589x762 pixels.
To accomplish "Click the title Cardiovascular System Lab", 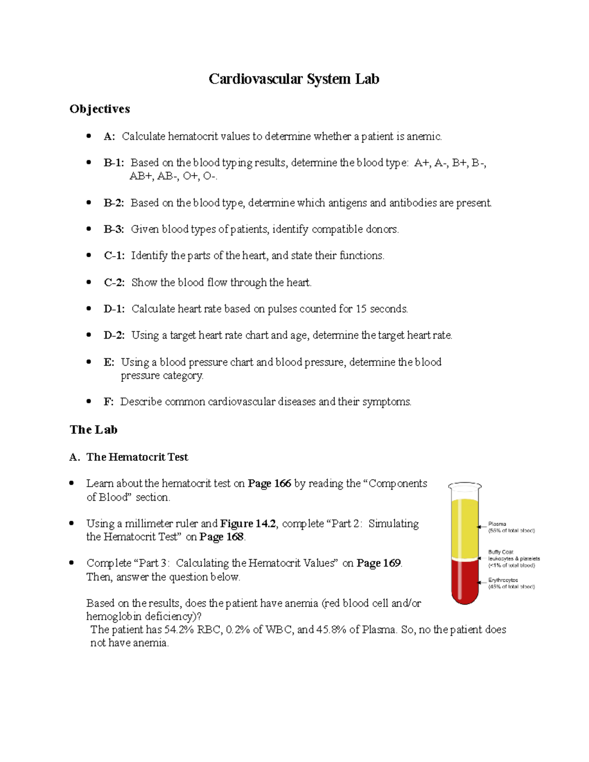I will point(294,79).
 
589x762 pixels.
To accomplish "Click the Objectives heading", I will point(100,109).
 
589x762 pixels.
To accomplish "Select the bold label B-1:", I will point(114,163).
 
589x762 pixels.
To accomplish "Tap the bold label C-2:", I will point(114,283).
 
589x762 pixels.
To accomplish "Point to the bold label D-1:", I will point(114,309).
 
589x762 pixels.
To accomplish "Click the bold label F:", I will point(108,402).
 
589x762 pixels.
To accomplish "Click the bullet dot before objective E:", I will point(89,362).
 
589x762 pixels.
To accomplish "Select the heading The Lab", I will point(93,430).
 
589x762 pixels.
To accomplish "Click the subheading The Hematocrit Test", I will point(137,457).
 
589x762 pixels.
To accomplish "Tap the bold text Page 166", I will point(269,484).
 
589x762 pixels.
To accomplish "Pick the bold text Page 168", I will point(221,537).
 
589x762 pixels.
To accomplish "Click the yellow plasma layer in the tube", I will point(464,527).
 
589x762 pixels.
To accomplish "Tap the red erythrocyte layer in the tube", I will point(464,581).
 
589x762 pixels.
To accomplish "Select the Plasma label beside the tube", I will point(497,524).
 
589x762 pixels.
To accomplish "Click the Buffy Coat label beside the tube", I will point(500,552).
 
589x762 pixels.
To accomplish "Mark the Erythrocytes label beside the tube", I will point(503,580).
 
